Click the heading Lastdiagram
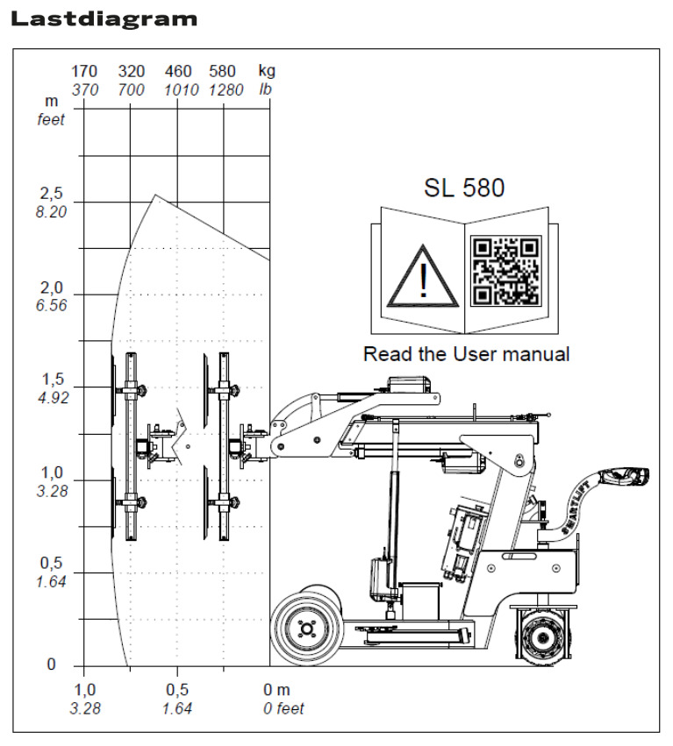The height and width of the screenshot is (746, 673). [104, 18]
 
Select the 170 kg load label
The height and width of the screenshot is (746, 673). [84, 71]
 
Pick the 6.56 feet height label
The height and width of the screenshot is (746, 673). [51, 305]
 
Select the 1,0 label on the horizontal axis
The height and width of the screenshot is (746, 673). [84, 690]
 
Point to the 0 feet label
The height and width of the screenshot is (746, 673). [283, 708]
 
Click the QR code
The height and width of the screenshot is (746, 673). [506, 270]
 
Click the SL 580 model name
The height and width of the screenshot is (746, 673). [464, 188]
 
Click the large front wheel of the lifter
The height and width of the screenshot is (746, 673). [306, 629]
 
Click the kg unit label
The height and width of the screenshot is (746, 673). [267, 71]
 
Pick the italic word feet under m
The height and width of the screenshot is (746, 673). [51, 120]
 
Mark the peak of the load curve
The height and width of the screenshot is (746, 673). [156, 195]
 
